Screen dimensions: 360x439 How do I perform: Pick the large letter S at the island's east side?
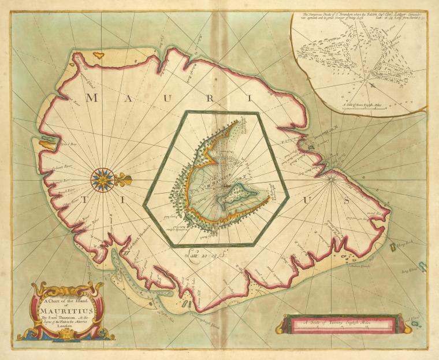click(x=346, y=201)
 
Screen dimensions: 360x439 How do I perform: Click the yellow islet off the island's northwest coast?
click(x=99, y=56)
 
